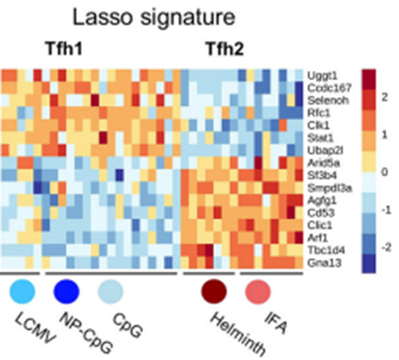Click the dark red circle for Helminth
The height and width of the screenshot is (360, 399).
214,292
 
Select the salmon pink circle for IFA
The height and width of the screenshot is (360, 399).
259,292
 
